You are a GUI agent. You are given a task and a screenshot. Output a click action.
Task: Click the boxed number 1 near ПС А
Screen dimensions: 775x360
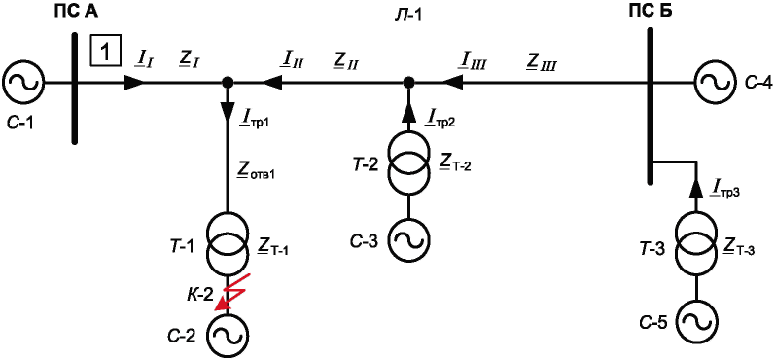pos(105,51)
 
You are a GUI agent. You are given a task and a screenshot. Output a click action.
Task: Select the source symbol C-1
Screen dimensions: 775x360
pos(23,82)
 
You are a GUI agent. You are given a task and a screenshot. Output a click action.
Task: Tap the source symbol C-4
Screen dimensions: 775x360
pos(715,82)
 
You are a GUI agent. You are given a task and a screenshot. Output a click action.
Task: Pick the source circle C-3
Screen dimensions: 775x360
pos(408,239)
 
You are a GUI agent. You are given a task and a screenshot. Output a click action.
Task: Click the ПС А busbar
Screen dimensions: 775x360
pos(74,88)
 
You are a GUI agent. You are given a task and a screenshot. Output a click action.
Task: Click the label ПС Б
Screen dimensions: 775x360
pos(645,11)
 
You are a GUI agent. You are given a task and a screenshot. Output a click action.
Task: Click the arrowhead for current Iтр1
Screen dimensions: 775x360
pos(228,111)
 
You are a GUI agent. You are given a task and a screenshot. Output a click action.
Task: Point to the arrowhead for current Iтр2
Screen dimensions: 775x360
pos(408,114)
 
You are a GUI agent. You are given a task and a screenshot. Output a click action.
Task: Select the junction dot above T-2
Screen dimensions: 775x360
pos(408,82)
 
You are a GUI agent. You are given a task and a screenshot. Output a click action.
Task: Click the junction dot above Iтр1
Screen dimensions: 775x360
pos(228,82)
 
